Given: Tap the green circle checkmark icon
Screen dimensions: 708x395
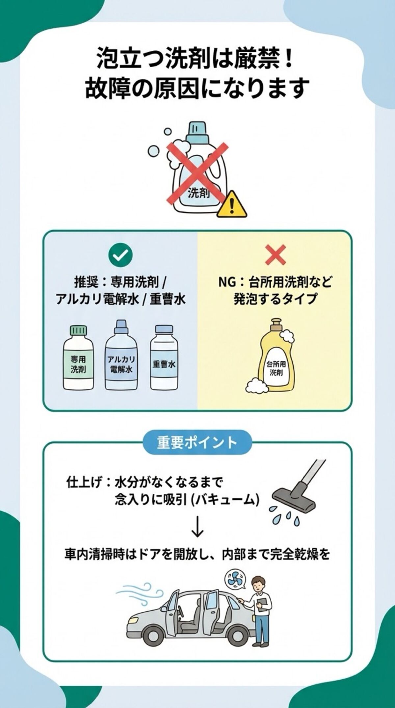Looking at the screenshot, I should pos(120,254).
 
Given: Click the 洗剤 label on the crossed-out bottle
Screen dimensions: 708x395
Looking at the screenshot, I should pos(199,194).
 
